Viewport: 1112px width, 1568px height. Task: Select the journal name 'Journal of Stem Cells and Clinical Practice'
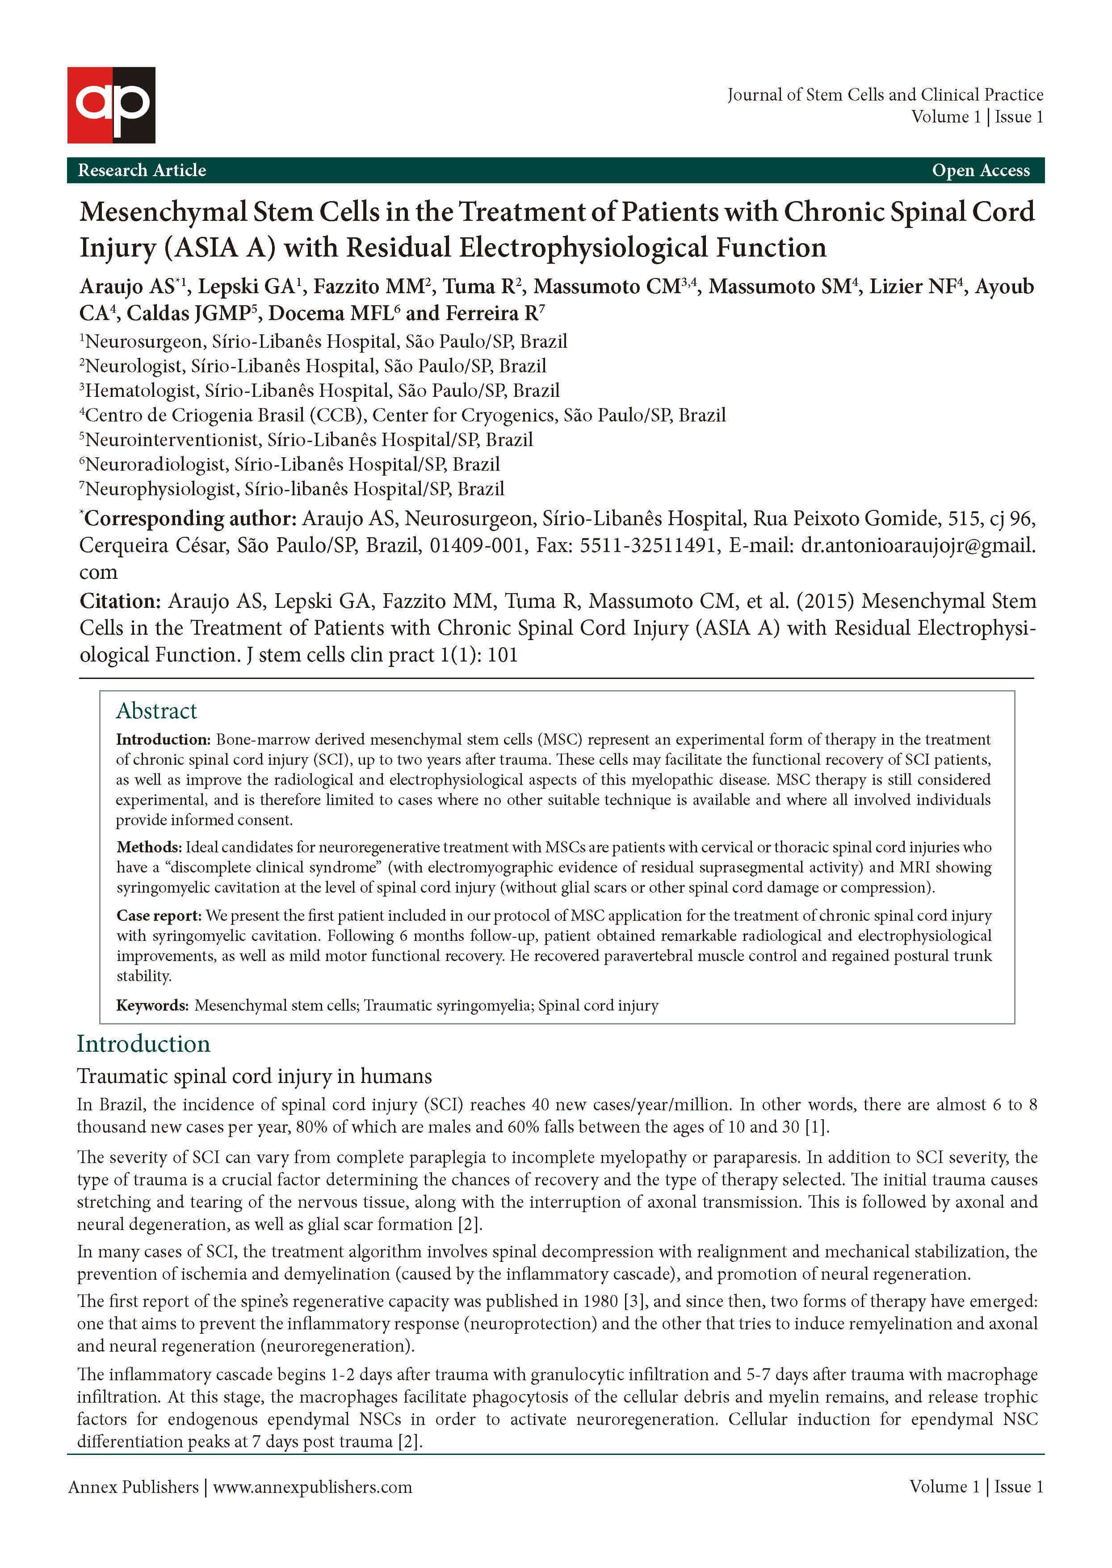point(885,94)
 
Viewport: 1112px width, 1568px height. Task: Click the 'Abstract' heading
point(156,711)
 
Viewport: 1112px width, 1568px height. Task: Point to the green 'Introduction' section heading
point(143,1044)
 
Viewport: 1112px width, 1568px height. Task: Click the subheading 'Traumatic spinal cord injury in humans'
point(254,1076)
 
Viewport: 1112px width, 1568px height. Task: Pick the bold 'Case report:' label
point(158,916)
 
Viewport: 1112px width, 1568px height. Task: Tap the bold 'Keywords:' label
point(152,1006)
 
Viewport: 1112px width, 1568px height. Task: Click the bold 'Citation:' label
point(120,602)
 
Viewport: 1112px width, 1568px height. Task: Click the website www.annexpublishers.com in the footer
point(312,1487)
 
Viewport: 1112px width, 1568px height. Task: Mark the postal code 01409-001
point(476,545)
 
